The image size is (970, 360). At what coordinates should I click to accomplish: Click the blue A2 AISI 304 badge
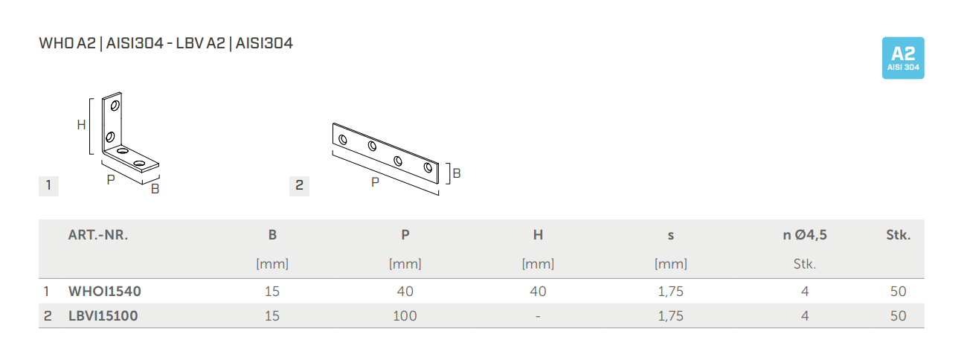(903, 58)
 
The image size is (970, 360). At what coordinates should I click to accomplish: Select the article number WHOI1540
(105, 291)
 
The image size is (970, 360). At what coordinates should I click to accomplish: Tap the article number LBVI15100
(103, 316)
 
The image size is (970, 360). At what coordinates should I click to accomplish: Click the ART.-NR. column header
(98, 235)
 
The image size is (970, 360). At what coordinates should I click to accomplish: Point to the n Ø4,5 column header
(805, 235)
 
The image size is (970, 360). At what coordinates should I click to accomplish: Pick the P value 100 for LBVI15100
(405, 316)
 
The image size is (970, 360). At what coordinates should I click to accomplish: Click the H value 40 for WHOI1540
(538, 291)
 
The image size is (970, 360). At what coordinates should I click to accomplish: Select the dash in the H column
(538, 316)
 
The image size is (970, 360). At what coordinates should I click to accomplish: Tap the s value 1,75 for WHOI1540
(671, 291)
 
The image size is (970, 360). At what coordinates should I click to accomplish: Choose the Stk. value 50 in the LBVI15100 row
(898, 316)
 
